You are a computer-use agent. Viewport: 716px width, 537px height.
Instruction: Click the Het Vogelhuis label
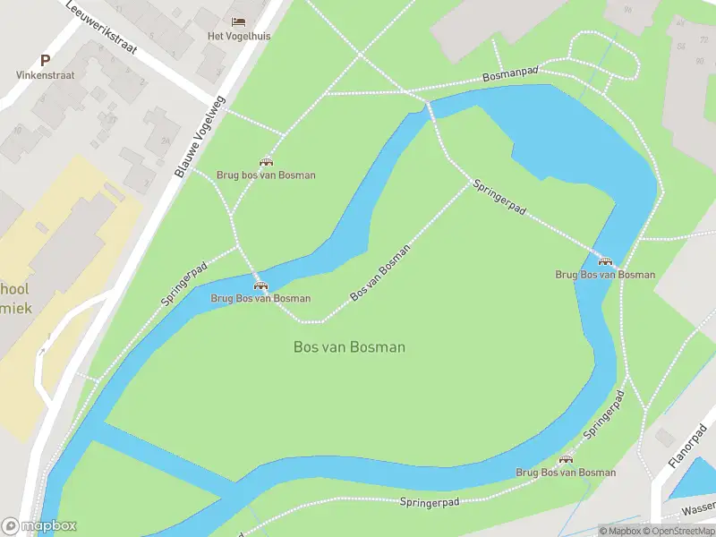(238, 36)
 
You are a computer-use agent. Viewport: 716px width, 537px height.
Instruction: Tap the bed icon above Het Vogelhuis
(238, 21)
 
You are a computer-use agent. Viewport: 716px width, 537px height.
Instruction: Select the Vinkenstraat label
(44, 76)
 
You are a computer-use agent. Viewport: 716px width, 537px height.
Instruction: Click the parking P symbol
(45, 61)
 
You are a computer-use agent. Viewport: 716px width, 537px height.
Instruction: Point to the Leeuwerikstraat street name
(101, 27)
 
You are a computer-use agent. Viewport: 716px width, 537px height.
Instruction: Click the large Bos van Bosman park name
(349, 346)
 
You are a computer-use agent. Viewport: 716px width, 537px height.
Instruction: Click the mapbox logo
(39, 526)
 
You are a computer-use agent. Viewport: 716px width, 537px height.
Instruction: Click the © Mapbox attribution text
(618, 531)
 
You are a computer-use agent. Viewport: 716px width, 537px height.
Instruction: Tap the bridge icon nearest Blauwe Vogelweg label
(266, 161)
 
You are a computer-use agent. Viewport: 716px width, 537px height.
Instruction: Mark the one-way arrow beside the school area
(40, 352)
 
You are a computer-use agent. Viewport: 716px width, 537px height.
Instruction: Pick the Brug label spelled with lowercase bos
(266, 175)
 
